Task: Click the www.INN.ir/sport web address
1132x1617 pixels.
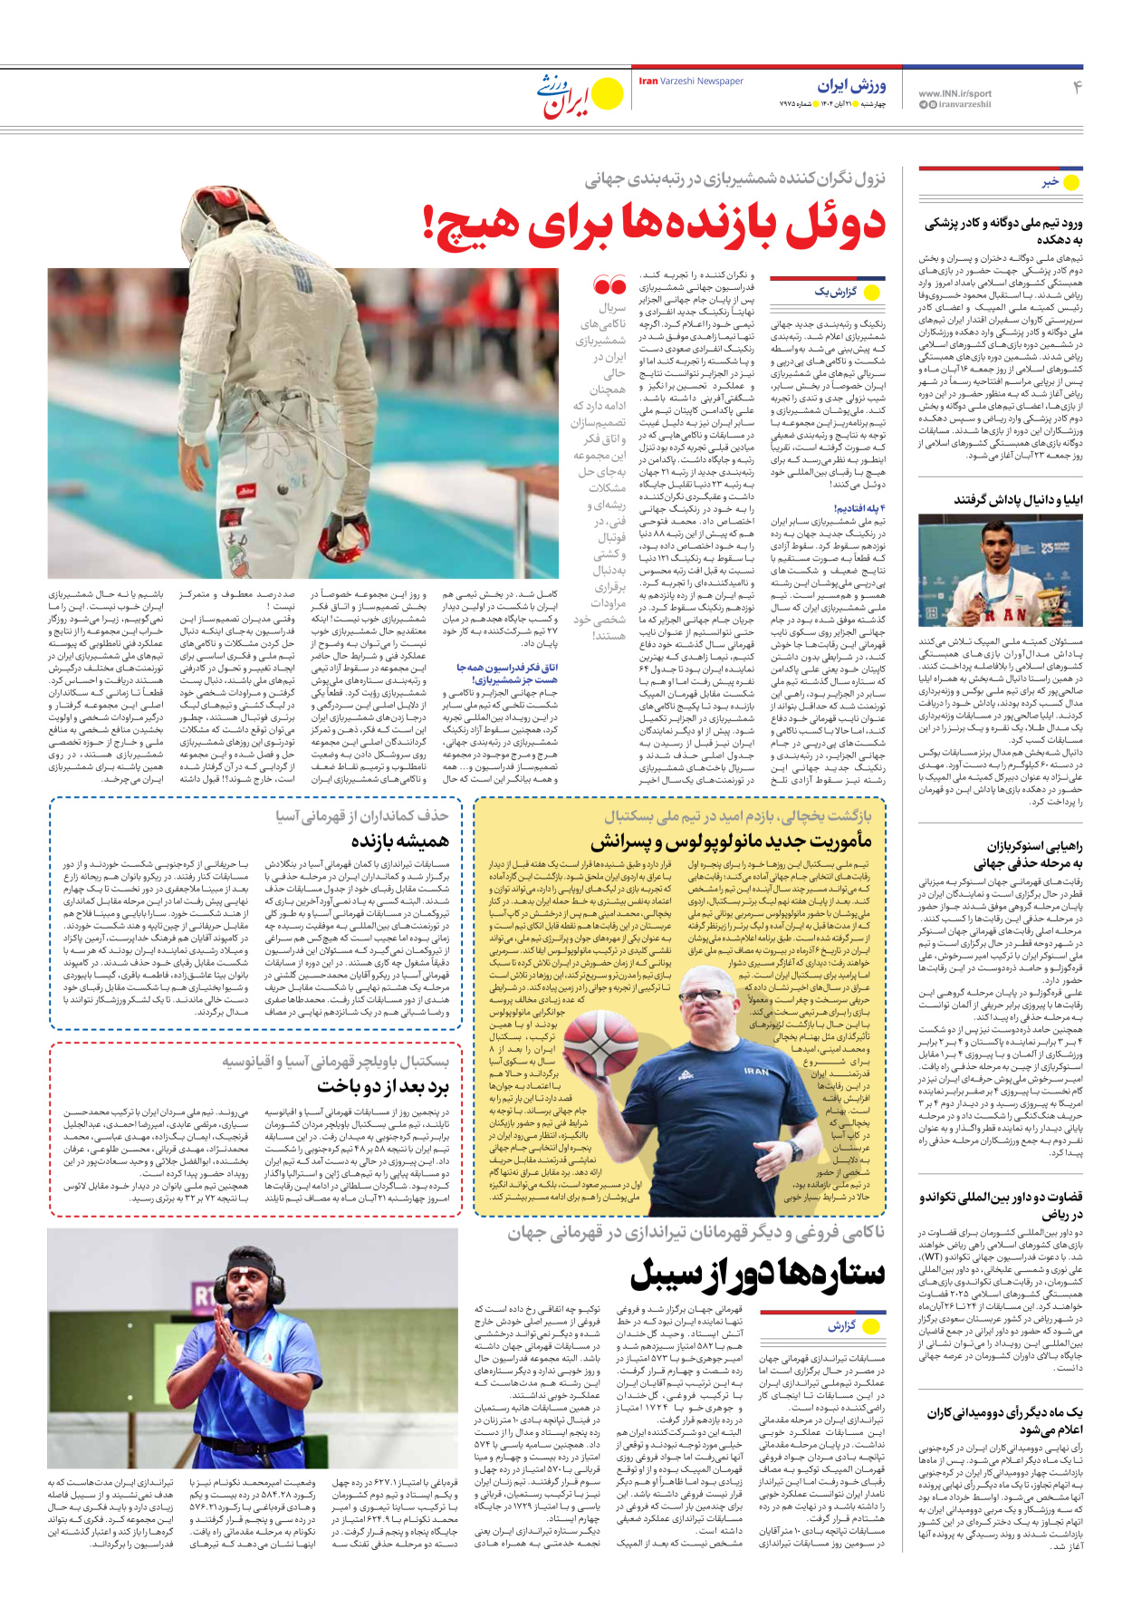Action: click(955, 93)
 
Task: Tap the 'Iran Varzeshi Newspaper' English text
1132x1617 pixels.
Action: click(691, 82)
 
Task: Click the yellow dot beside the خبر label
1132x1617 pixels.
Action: click(1071, 183)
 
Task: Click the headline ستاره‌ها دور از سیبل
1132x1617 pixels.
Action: click(757, 1275)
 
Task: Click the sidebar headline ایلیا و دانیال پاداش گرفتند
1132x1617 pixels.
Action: click(1017, 499)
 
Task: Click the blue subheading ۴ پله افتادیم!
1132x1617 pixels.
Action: click(859, 508)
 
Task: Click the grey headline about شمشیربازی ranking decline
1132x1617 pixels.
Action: click(734, 178)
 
